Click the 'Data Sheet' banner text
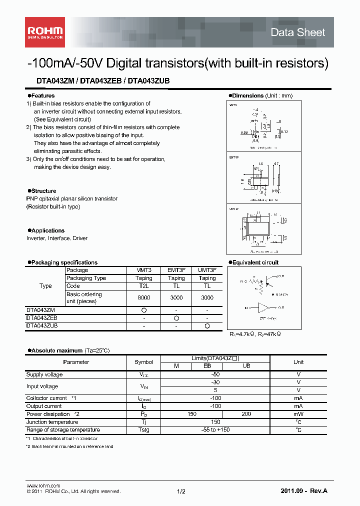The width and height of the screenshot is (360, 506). click(x=297, y=32)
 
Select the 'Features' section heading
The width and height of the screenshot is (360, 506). click(x=42, y=95)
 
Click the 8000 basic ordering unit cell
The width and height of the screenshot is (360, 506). click(x=144, y=297)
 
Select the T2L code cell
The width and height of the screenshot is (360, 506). click(x=144, y=286)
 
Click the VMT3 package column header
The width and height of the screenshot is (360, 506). click(x=144, y=270)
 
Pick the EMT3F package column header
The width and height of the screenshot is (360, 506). click(x=176, y=270)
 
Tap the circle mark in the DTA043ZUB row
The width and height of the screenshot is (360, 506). click(x=207, y=325)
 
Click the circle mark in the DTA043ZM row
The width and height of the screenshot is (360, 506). click(x=144, y=310)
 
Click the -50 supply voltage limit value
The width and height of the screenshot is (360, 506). click(x=215, y=374)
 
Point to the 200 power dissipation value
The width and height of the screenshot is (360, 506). click(x=246, y=414)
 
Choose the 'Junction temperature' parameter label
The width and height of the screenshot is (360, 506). click(x=50, y=422)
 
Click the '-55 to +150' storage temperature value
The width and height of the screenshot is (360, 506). click(x=215, y=430)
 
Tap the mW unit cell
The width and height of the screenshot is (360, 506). click(x=298, y=414)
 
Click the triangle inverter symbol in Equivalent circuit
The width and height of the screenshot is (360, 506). click(x=263, y=307)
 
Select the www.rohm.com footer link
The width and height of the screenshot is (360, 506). click(x=43, y=485)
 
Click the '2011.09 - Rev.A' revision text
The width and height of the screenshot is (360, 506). click(x=304, y=491)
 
